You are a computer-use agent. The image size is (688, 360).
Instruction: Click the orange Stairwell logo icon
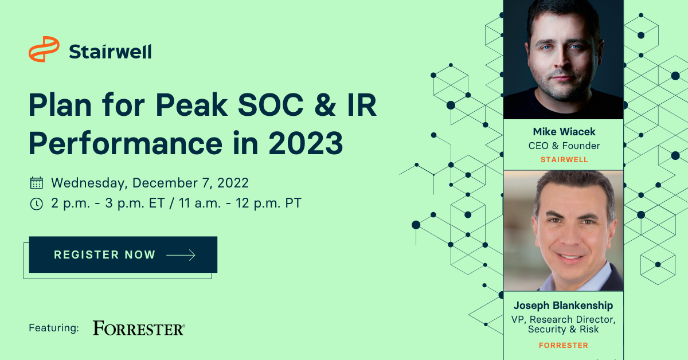(44, 49)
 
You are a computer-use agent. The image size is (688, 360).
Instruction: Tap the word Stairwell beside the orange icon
(110, 52)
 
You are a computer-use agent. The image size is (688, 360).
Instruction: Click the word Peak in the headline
(191, 105)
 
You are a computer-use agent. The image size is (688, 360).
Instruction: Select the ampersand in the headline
(326, 105)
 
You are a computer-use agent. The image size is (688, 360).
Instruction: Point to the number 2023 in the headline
(306, 143)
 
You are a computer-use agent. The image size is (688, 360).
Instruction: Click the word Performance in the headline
(126, 143)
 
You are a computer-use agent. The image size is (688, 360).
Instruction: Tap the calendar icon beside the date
(37, 183)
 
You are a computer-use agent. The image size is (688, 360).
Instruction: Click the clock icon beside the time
(37, 204)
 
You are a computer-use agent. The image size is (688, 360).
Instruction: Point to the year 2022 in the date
(233, 183)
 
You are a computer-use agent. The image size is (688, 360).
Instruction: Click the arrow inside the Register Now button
(181, 255)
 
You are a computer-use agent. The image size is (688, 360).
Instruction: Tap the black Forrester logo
(139, 328)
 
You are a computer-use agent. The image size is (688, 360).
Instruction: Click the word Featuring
(54, 328)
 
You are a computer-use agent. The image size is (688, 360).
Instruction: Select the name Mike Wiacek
(564, 132)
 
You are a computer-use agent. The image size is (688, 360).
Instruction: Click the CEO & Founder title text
(564, 146)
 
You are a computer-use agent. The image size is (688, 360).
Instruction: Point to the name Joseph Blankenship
(563, 306)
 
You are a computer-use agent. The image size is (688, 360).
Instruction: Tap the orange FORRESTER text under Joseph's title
(563, 345)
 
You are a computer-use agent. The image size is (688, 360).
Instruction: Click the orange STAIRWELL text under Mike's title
(564, 160)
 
